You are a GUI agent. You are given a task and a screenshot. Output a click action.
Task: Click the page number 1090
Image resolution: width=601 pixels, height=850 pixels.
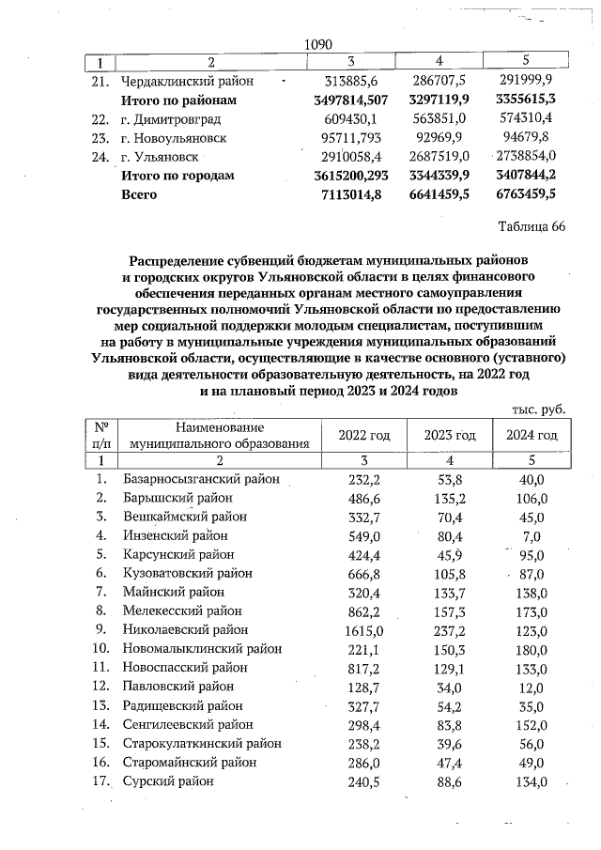coord(320,43)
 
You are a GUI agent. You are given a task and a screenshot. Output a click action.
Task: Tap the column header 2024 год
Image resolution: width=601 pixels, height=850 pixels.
coord(532,435)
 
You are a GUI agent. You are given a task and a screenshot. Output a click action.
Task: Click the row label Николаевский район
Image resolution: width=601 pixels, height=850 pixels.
coord(185,629)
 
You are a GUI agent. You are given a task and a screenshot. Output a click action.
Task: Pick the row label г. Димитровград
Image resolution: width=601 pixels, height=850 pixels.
coord(170,118)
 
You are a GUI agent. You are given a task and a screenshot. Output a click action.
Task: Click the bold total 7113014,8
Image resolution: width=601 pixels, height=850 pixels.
coord(349,194)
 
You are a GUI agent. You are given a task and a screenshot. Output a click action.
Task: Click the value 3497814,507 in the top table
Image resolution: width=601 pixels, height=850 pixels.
coord(349,100)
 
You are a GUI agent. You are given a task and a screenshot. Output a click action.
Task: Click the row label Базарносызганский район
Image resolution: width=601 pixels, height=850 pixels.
coord(201,479)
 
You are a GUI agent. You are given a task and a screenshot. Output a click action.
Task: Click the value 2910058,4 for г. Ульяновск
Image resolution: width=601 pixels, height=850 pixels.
coord(349,156)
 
